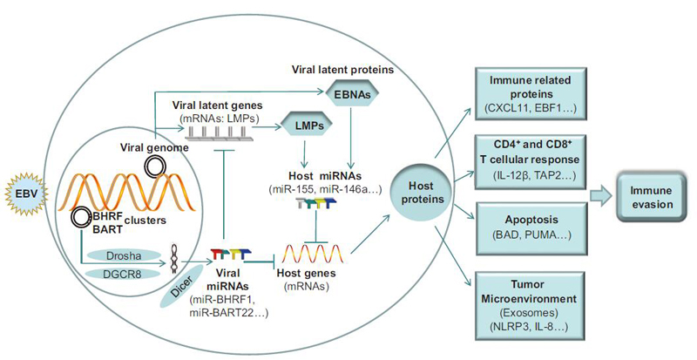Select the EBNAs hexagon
(348, 90)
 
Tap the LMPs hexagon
(301, 149)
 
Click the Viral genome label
(145, 149)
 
